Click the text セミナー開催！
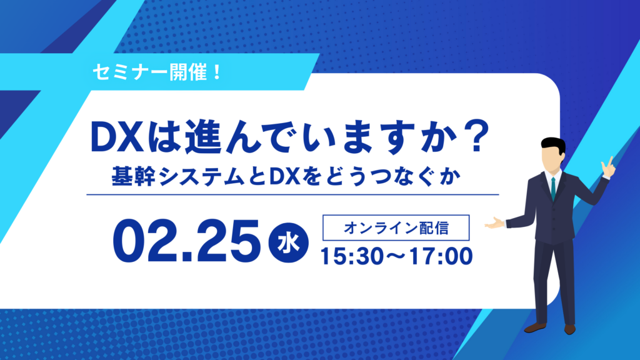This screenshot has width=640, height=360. coord(157,72)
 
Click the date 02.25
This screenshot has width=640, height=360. coord(186,241)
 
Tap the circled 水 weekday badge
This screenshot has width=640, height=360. coord(288,243)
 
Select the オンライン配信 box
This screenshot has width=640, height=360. coord(396,227)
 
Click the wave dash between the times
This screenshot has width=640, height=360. coord(396,256)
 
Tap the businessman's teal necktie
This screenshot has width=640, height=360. coord(553,188)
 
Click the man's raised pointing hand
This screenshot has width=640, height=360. coord(607,167)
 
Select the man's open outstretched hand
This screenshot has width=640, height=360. coord(495,223)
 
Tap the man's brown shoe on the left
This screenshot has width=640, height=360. coord(535,327)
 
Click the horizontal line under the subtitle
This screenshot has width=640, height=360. coord(292,195)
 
